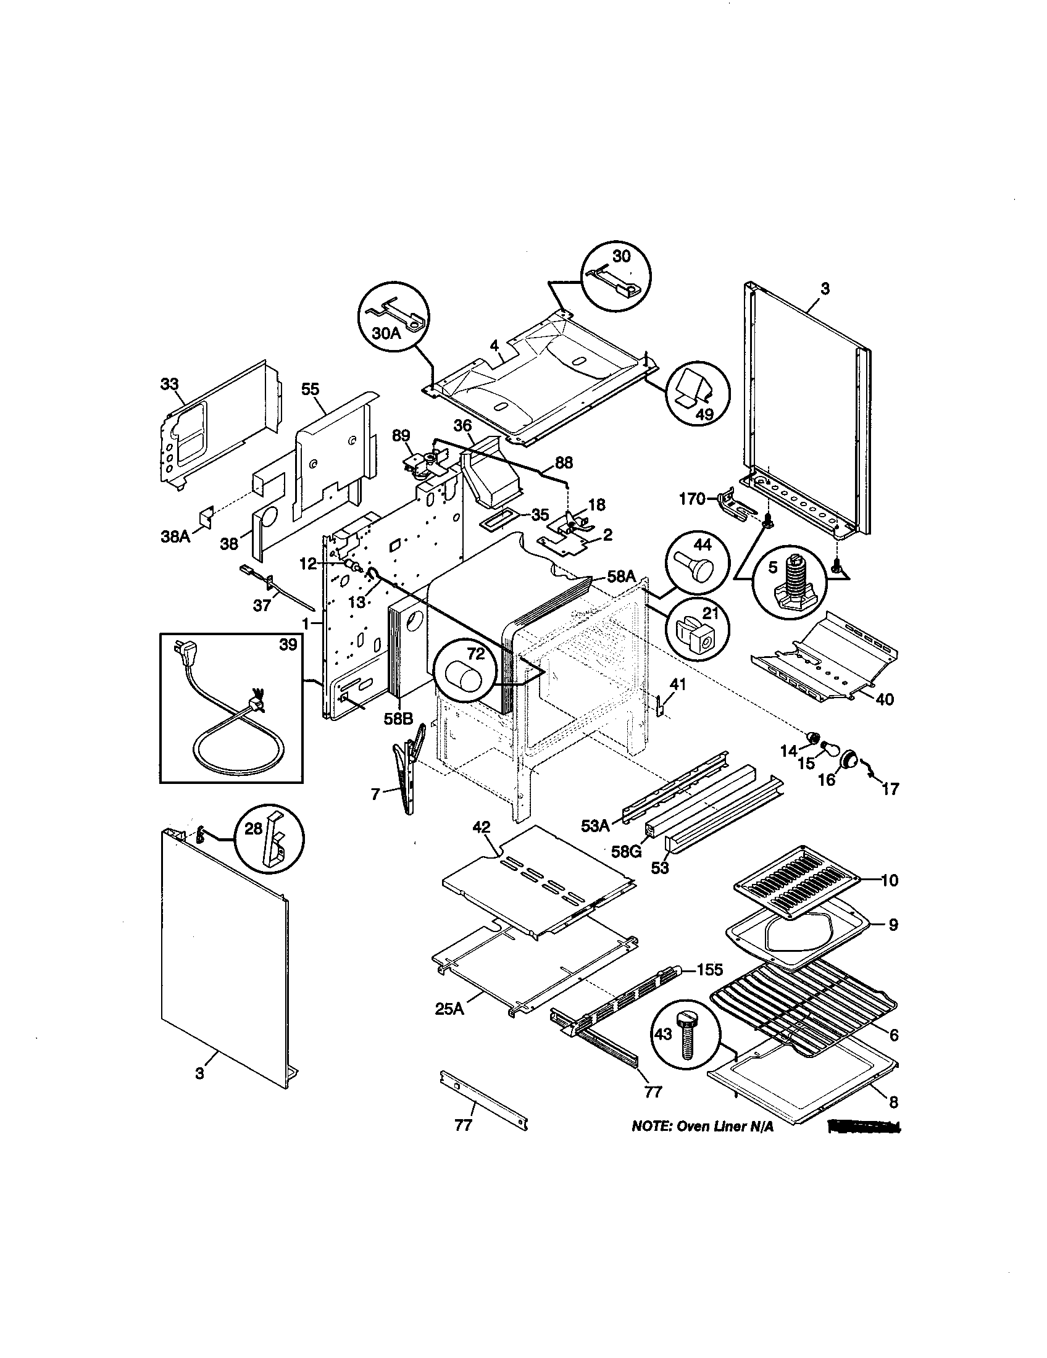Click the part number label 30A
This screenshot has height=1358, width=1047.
(x=386, y=333)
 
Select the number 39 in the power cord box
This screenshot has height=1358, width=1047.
(x=287, y=645)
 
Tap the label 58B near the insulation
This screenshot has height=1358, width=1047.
(x=398, y=719)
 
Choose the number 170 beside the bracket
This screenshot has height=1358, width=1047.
(x=693, y=499)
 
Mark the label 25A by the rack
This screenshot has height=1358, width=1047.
(x=449, y=1008)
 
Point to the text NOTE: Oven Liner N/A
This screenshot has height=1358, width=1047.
(x=703, y=1127)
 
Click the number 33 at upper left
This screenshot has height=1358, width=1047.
(x=169, y=385)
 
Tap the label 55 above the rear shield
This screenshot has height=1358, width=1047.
(x=311, y=389)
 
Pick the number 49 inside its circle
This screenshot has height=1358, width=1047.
(x=704, y=415)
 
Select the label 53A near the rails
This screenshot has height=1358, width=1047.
(x=595, y=826)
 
